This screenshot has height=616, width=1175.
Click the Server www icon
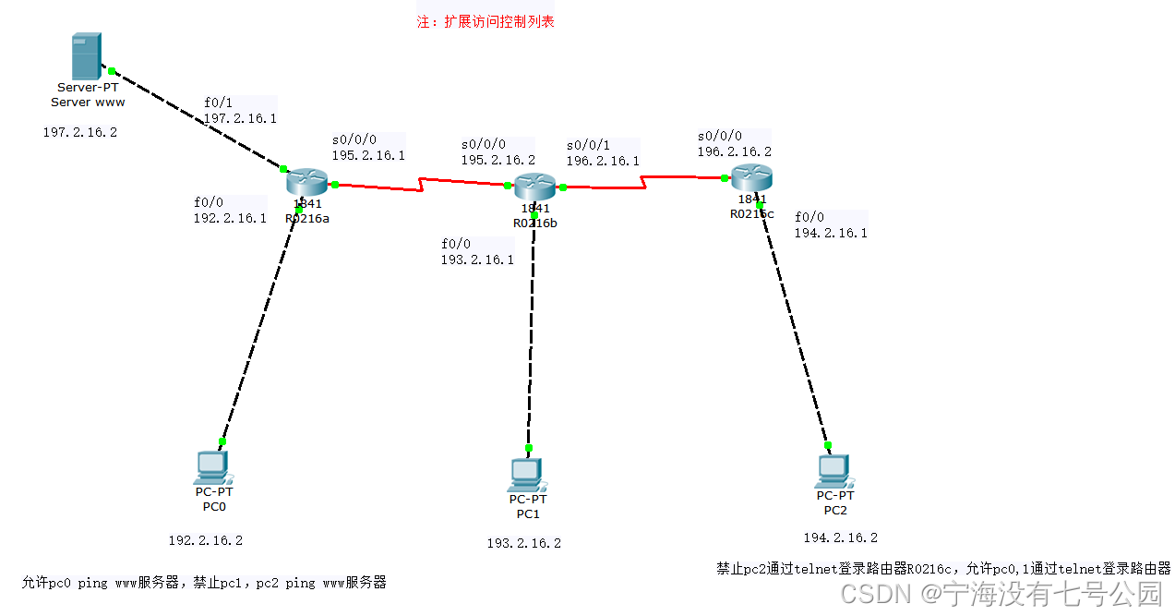click(x=86, y=56)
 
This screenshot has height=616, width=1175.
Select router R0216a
click(x=306, y=183)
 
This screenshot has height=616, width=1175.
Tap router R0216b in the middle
click(x=534, y=187)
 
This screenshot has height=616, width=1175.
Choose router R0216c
click(x=751, y=177)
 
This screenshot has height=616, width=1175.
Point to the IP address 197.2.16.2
click(x=80, y=133)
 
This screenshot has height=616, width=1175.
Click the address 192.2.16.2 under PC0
click(x=205, y=540)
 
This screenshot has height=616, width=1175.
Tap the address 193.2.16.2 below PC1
click(x=523, y=543)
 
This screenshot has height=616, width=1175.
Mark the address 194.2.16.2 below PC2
click(x=840, y=537)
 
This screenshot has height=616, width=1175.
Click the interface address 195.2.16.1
click(x=368, y=156)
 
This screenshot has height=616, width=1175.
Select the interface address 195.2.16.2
click(x=498, y=160)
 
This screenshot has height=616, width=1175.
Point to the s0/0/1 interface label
click(x=588, y=145)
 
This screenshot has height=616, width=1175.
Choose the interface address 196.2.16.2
click(x=734, y=151)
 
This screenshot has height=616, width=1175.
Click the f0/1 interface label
click(x=218, y=103)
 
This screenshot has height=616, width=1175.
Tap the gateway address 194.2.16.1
click(x=831, y=234)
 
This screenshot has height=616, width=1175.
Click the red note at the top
click(x=486, y=21)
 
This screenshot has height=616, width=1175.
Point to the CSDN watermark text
click(x=1001, y=594)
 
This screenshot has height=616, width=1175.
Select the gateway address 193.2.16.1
click(x=477, y=260)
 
